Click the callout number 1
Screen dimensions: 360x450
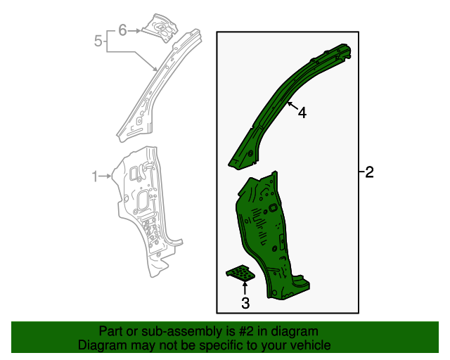click(x=95, y=177)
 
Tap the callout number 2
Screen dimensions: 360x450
click(x=370, y=172)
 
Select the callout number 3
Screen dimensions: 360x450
click(x=245, y=303)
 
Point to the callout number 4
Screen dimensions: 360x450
click(x=302, y=112)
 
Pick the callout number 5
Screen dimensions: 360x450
click(x=98, y=41)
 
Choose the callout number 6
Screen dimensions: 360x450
click(x=122, y=30)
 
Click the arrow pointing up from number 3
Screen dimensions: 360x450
click(x=245, y=287)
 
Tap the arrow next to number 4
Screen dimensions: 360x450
click(x=292, y=108)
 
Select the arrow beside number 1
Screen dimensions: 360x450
click(x=107, y=176)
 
